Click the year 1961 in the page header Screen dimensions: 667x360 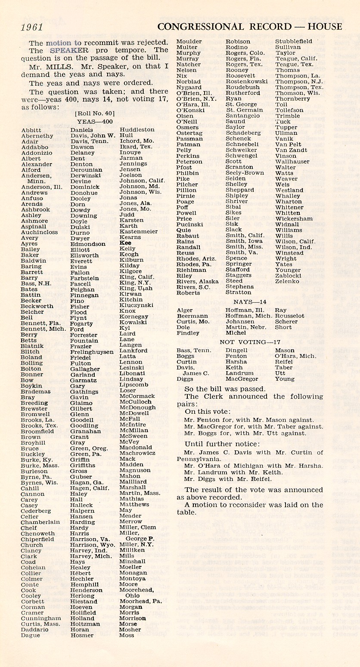pyautogui.click(x=32, y=27)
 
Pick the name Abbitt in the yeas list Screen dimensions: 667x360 pyautogui.click(x=31, y=130)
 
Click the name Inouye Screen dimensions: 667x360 pyautogui.click(x=130, y=152)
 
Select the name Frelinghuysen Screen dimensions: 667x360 pyautogui.click(x=92, y=352)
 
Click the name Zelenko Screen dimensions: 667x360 pyautogui.click(x=287, y=281)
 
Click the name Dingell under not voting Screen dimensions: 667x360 pyautogui.click(x=236, y=351)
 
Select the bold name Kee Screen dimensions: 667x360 pyautogui.click(x=125, y=243)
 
